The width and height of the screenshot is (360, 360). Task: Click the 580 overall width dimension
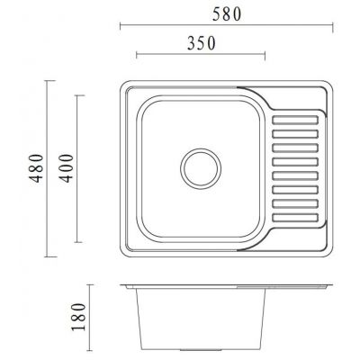tap(226, 14)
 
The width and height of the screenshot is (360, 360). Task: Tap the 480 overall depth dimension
tap(36, 168)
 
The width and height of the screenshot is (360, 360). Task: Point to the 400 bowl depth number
tap(65, 168)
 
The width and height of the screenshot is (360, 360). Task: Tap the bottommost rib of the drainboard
tap(295, 217)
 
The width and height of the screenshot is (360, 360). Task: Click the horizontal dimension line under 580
tap(226, 27)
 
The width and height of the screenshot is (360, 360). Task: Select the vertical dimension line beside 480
tap(49, 168)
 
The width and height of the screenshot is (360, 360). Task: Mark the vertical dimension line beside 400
tap(78, 168)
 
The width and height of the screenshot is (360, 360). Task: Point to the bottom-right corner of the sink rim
tap(329, 249)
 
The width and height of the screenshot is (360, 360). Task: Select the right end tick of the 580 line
tap(333, 27)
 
